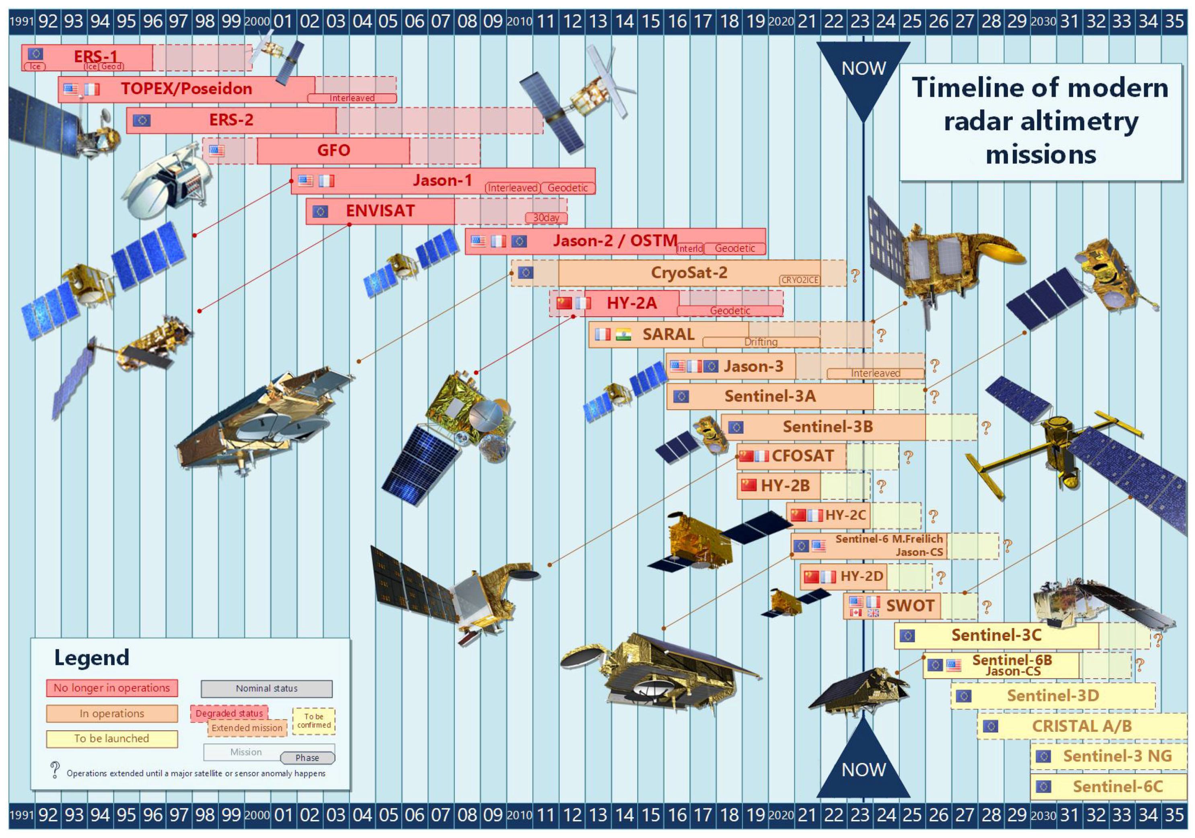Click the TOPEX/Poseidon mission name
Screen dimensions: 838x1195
click(x=186, y=89)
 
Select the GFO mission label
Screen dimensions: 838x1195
click(x=333, y=150)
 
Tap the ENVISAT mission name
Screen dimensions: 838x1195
click(x=381, y=211)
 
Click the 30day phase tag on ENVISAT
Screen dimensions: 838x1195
click(x=546, y=218)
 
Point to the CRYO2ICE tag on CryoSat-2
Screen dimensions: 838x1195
click(x=800, y=280)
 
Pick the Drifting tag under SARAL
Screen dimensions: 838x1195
click(x=761, y=342)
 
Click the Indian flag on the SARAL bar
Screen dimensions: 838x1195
click(x=623, y=335)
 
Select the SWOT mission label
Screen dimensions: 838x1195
click(x=910, y=605)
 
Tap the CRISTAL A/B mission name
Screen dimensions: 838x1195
click(x=1082, y=726)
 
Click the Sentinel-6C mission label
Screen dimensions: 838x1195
click(x=1117, y=787)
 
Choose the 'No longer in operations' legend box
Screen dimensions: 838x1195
click(x=112, y=688)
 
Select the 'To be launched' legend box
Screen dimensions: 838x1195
click(x=112, y=739)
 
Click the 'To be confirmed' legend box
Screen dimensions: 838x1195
click(x=314, y=721)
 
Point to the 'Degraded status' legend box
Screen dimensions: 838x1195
click(x=229, y=713)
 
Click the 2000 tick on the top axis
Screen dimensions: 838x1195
click(x=257, y=22)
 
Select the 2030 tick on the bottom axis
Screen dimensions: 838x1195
click(x=1043, y=815)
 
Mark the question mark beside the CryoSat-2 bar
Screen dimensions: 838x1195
click(x=855, y=275)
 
